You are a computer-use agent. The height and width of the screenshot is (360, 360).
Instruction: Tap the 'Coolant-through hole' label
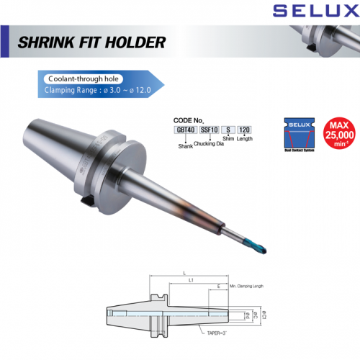(80, 79)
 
